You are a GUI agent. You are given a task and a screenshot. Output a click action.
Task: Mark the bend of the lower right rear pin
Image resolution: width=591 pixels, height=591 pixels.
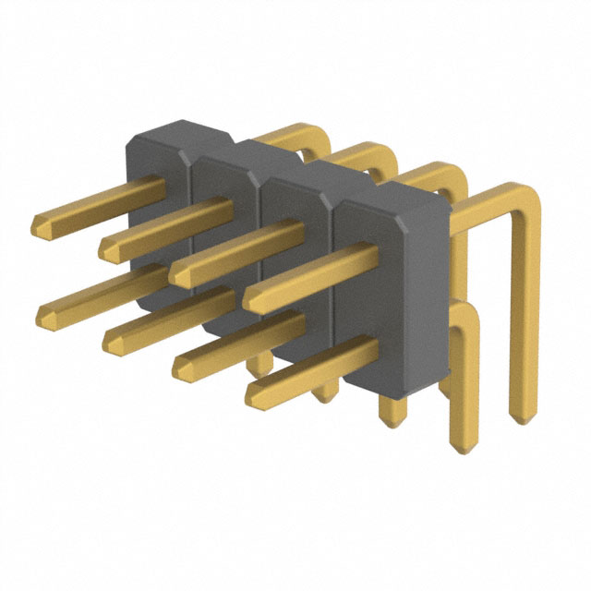pos(466,319)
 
